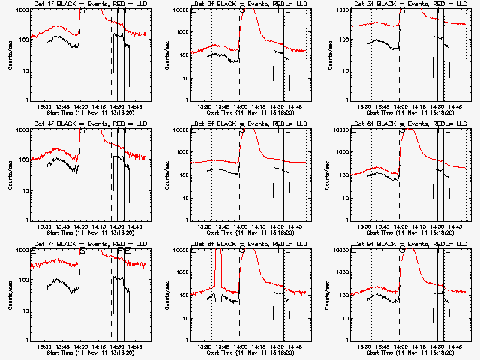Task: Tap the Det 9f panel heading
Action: [409, 244]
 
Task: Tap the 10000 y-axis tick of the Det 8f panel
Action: [180, 250]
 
